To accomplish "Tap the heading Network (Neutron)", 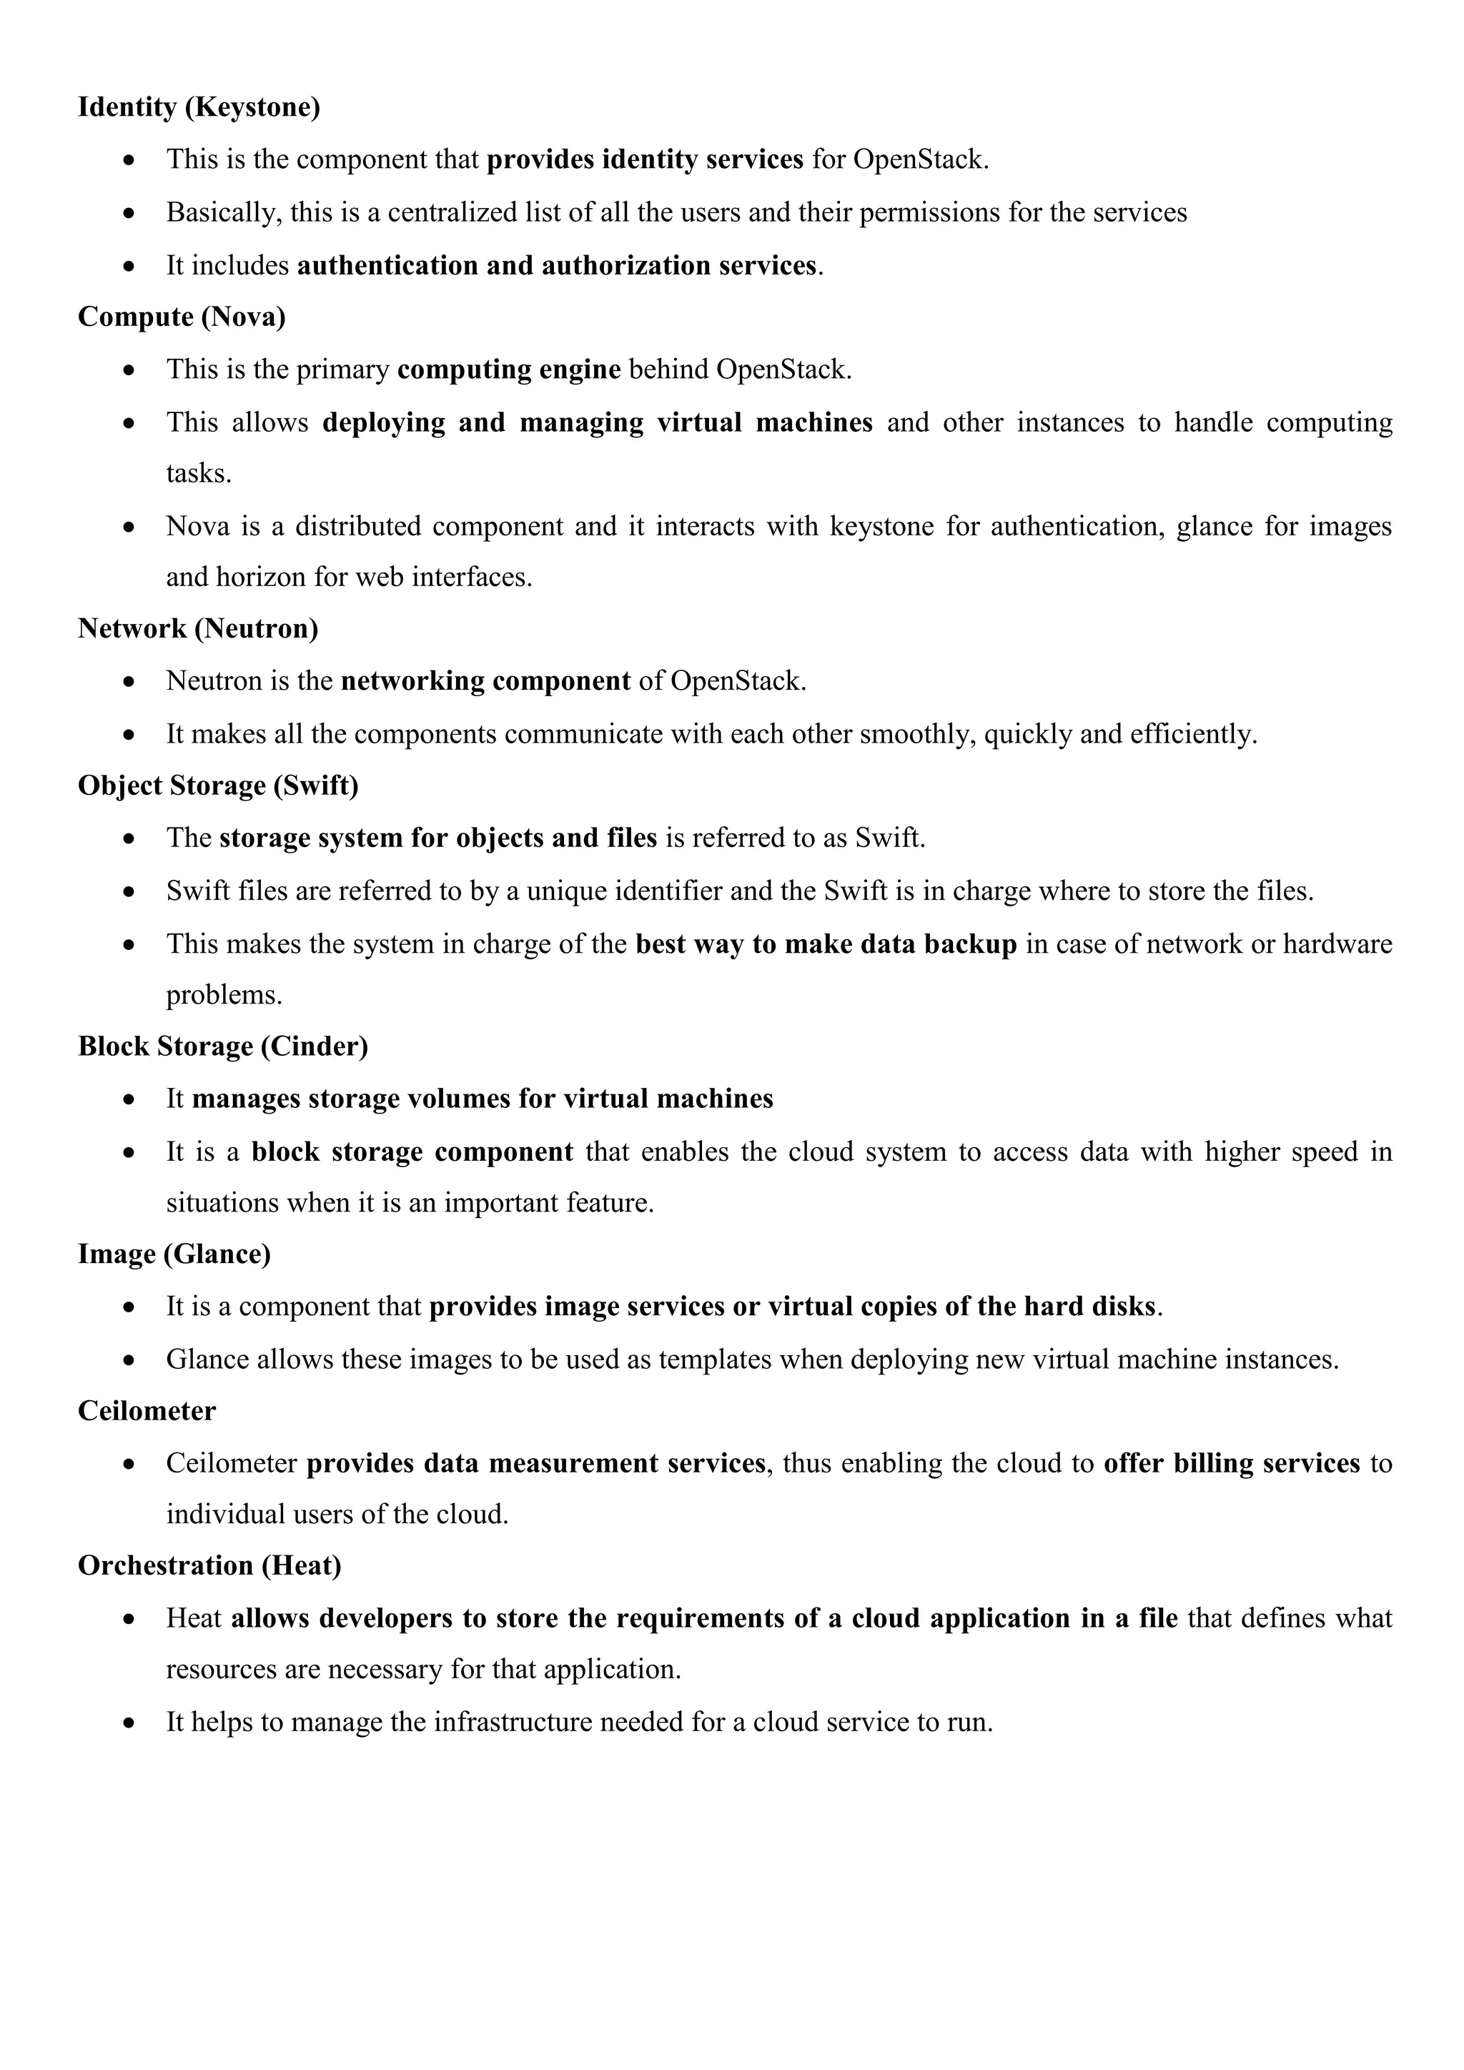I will (197, 628).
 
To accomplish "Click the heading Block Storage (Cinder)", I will (222, 1046).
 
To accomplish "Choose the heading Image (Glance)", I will (174, 1254).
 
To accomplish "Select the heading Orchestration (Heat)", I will (209, 1565).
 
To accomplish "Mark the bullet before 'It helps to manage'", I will (130, 1723).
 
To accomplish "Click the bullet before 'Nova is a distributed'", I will (130, 527).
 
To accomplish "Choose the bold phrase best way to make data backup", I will (826, 944).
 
